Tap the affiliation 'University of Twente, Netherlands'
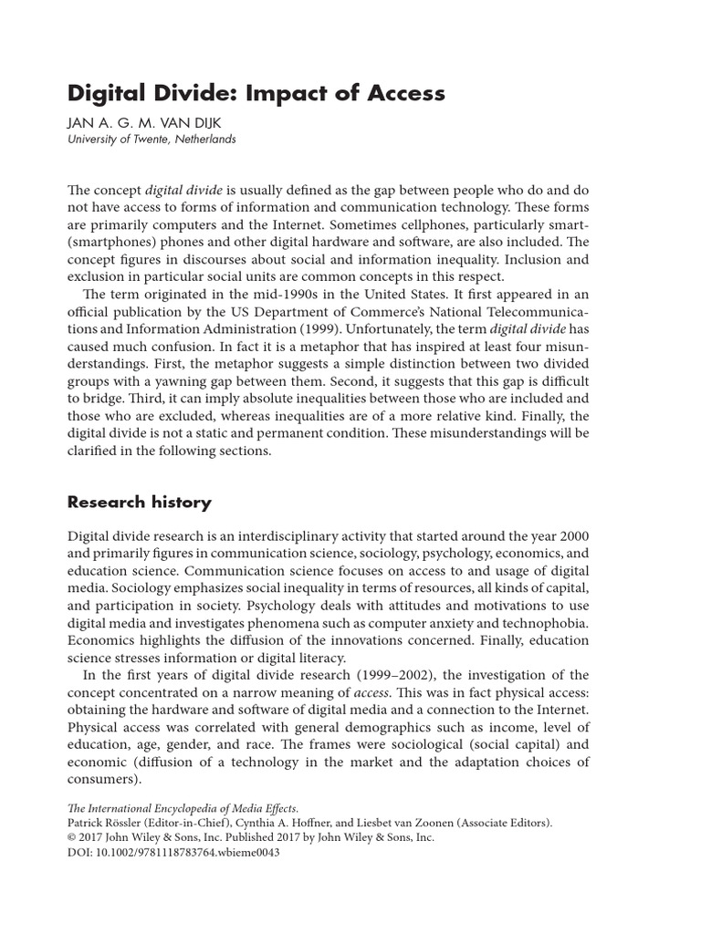tap(152, 140)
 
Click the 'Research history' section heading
tap(140, 502)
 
